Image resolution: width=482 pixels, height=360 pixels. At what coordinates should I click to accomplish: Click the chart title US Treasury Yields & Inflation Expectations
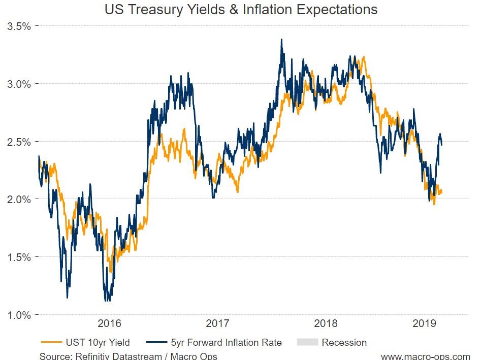(241, 9)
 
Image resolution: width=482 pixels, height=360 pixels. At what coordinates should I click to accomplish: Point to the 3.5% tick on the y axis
(19, 26)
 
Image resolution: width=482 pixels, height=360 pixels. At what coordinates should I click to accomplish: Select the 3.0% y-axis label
(19, 83)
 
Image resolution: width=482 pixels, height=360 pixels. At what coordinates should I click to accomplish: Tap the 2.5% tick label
(19, 141)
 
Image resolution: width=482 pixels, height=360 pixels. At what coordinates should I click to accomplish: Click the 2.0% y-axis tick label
(19, 199)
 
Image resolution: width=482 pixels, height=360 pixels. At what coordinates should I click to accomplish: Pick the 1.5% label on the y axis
(19, 257)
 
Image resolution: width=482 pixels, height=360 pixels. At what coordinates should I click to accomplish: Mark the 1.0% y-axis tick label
(19, 315)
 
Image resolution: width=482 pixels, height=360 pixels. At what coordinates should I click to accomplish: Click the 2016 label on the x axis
(109, 323)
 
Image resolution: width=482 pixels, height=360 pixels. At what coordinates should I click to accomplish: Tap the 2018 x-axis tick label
(327, 323)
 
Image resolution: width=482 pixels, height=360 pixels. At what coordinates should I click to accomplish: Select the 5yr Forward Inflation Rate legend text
(227, 342)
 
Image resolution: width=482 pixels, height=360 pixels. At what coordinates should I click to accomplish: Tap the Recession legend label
(344, 342)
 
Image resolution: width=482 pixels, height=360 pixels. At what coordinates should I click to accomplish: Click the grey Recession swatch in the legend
(307, 342)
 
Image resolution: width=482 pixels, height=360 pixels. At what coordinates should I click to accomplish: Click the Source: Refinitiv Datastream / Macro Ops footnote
(128, 355)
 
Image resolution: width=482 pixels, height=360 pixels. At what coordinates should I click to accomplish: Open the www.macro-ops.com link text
(425, 355)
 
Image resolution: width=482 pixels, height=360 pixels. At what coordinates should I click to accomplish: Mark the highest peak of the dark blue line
(281, 40)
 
